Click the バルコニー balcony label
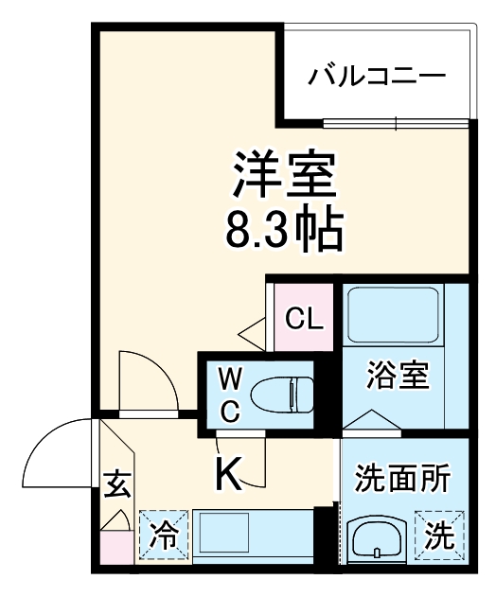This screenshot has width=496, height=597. point(378,75)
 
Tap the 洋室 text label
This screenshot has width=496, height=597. point(283,173)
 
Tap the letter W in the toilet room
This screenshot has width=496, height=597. point(231,380)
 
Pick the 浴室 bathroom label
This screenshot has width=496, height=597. point(398,375)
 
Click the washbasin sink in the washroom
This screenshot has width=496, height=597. point(377,542)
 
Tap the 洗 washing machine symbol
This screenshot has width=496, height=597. point(438,537)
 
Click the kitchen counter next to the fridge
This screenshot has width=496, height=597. point(252,536)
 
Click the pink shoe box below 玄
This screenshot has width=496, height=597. point(116,546)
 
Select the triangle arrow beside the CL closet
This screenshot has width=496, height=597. point(254,333)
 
